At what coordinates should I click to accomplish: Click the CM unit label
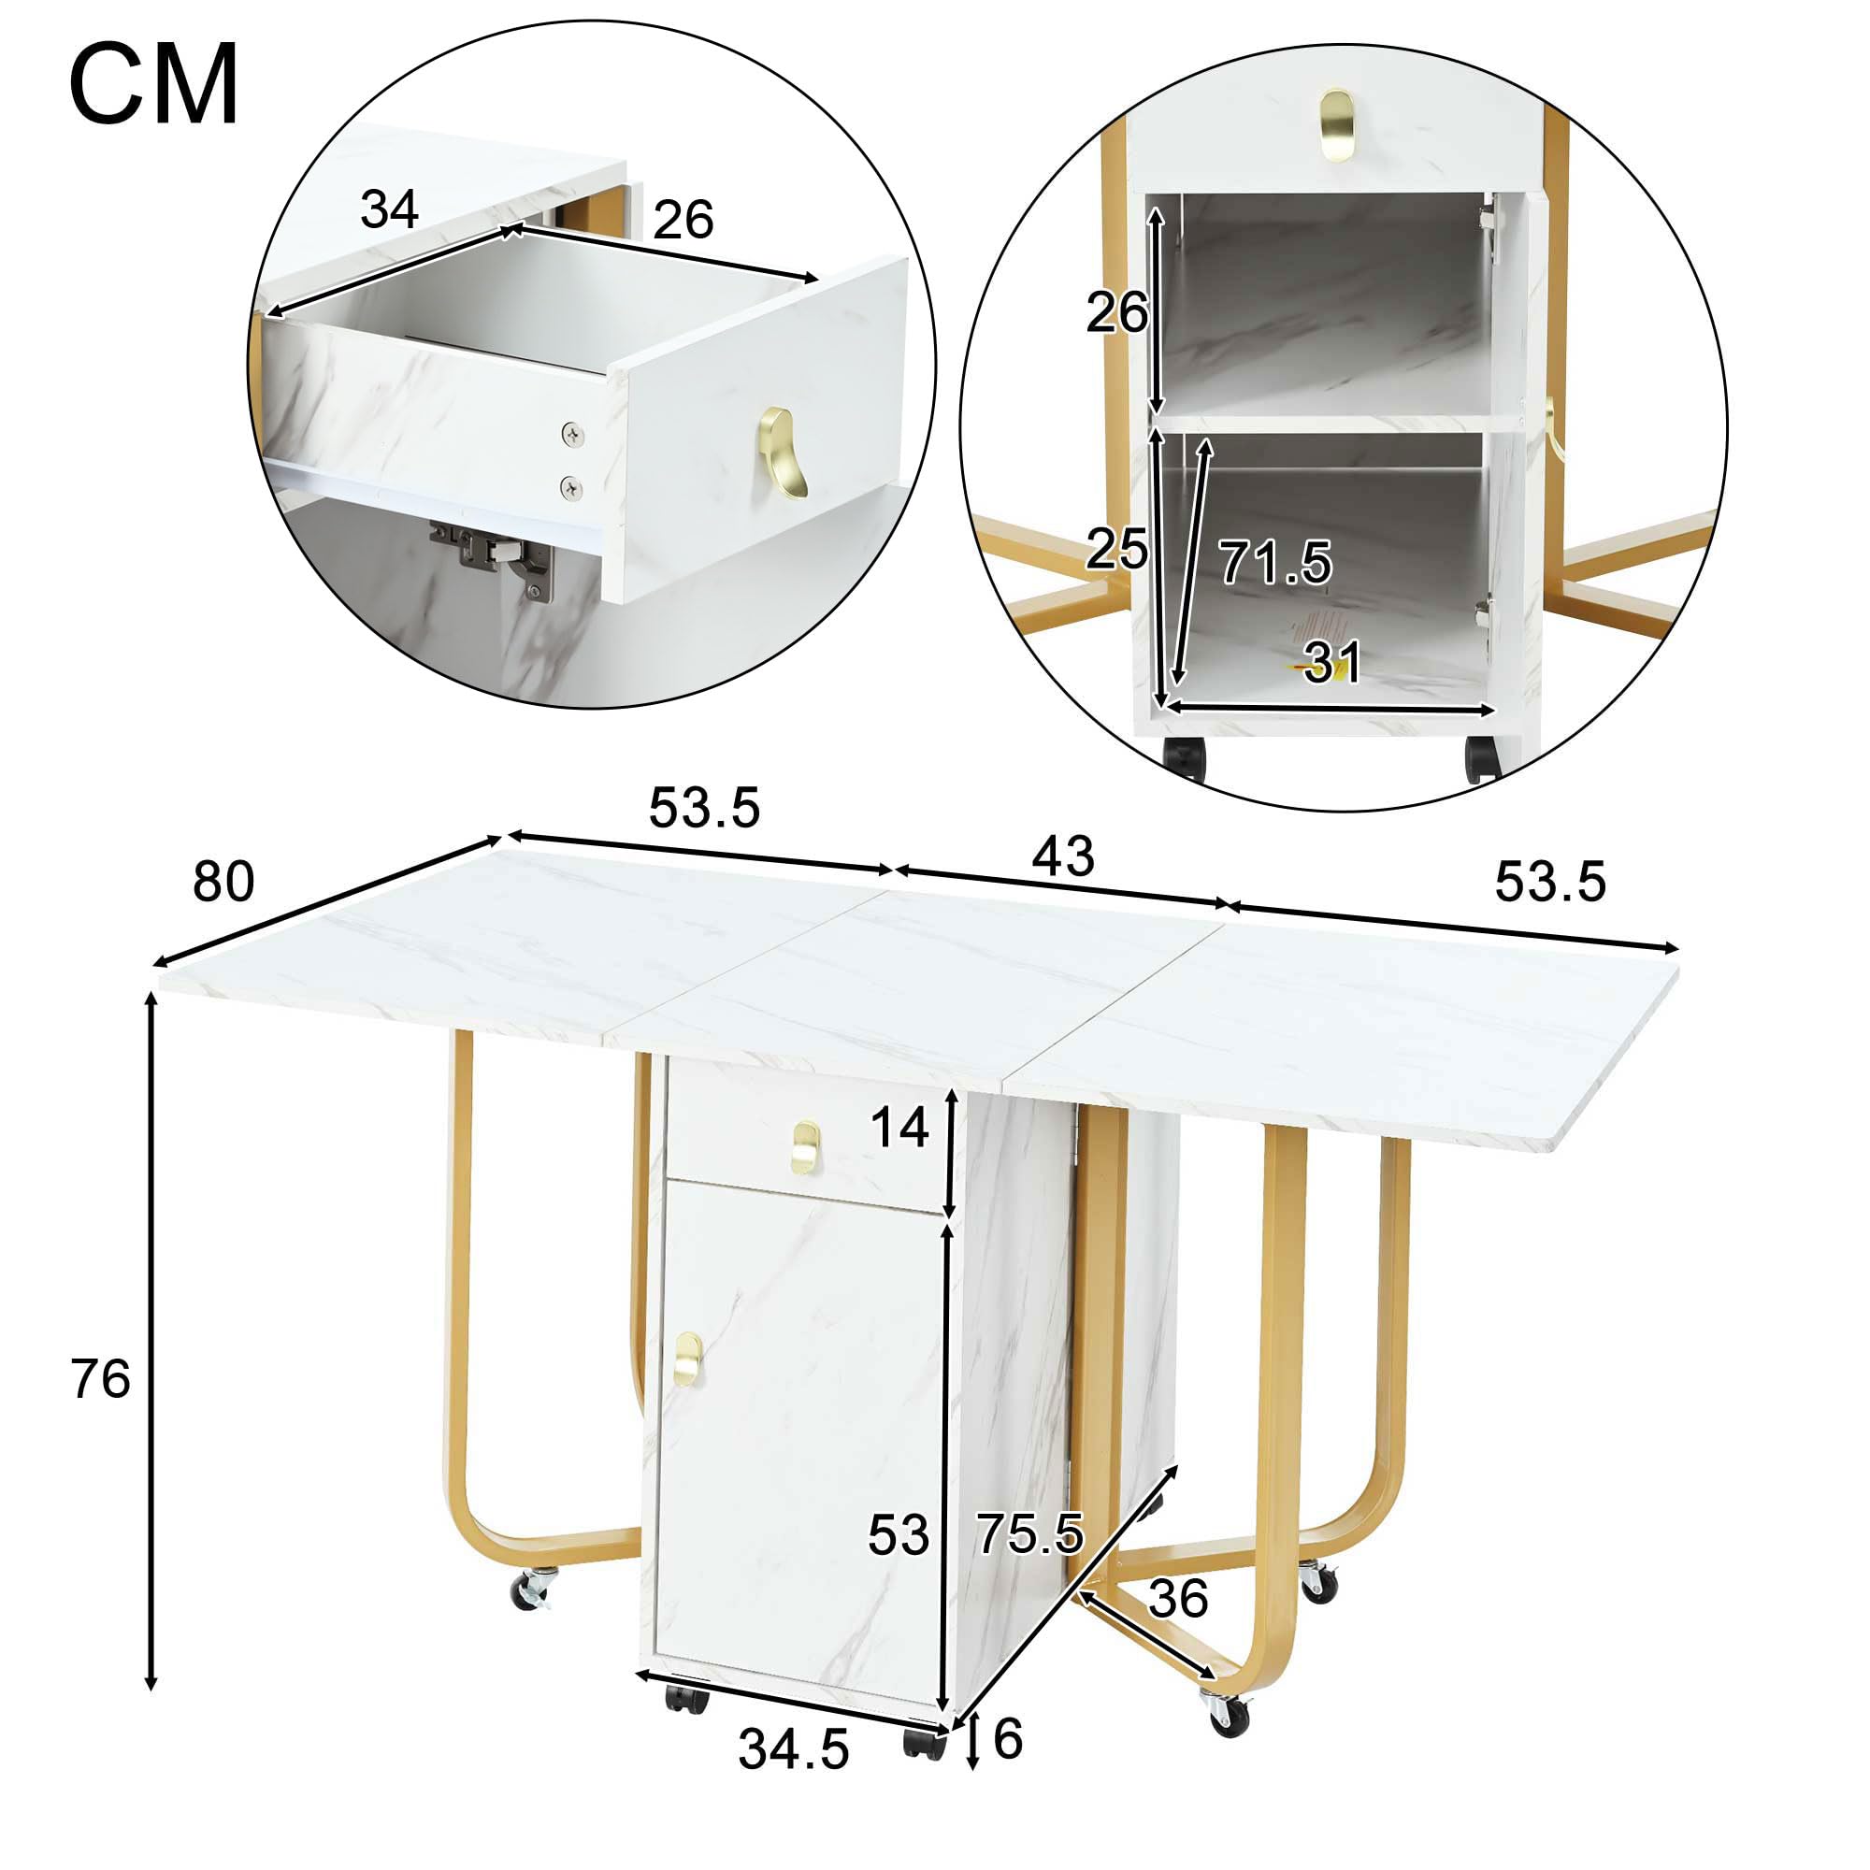pyautogui.click(x=154, y=85)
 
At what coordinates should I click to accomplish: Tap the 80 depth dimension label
pyautogui.click(x=223, y=882)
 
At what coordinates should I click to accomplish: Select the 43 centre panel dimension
pyautogui.click(x=1064, y=856)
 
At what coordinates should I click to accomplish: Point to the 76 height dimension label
pyautogui.click(x=101, y=1378)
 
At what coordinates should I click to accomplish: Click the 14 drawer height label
pyautogui.click(x=900, y=1129)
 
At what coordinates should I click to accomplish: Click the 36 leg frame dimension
pyautogui.click(x=1178, y=1598)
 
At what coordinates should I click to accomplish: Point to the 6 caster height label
pyautogui.click(x=1008, y=1739)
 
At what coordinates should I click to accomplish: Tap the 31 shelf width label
pyautogui.click(x=1332, y=662)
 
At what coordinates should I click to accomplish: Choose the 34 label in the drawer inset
pyautogui.click(x=389, y=209)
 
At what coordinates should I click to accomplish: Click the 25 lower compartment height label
pyautogui.click(x=1116, y=550)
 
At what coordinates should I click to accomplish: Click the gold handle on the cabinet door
pyautogui.click(x=688, y=1358)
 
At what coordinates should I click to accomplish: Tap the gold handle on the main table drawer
pyautogui.click(x=805, y=1147)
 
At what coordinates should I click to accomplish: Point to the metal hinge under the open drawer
pyautogui.click(x=492, y=556)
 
